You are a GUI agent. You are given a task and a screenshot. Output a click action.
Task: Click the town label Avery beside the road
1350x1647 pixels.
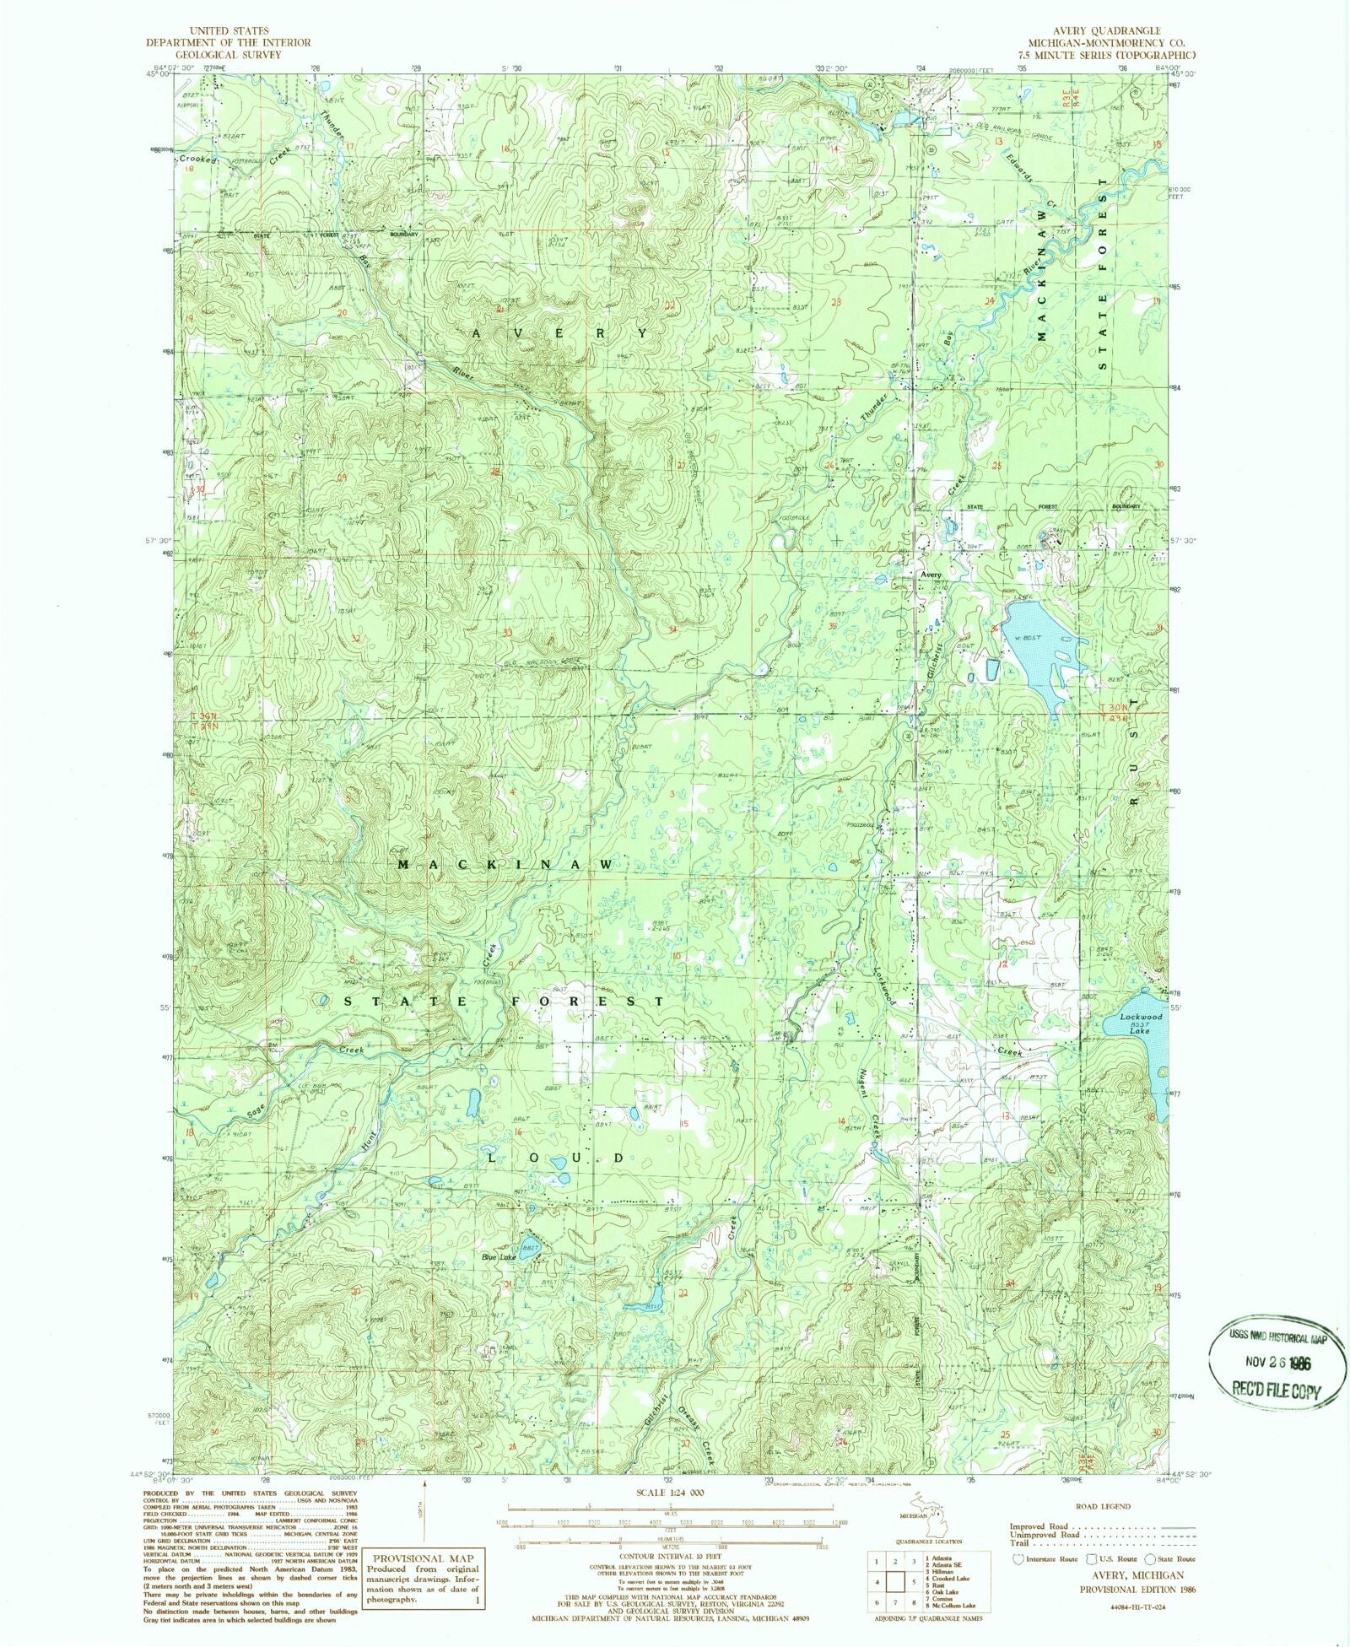point(930,575)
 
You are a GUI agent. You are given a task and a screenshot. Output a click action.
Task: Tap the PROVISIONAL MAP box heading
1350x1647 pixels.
point(424,1558)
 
